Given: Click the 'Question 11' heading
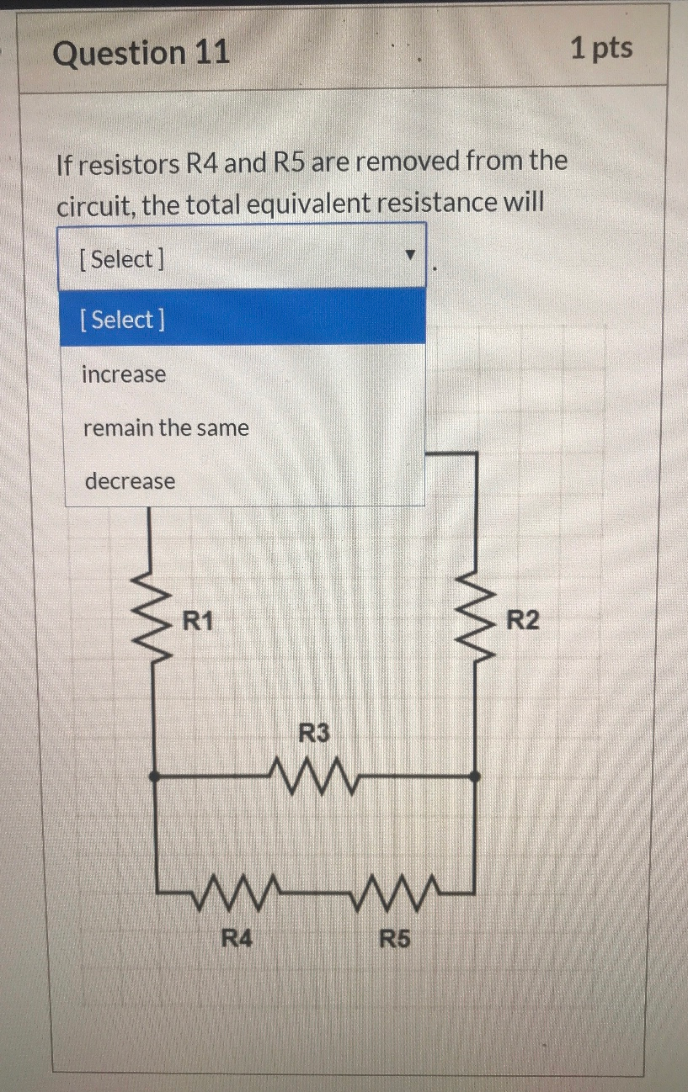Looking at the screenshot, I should tap(141, 53).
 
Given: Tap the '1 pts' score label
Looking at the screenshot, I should tap(601, 49).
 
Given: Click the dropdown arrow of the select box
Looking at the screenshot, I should tap(410, 255).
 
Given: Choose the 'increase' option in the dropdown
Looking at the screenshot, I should tap(124, 374).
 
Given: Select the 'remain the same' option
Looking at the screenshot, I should tap(166, 428).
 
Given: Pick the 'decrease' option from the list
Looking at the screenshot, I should tap(130, 482).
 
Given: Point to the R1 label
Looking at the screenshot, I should tap(199, 623).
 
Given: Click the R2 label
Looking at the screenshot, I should tap(522, 622).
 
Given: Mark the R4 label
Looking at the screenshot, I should tap(236, 937).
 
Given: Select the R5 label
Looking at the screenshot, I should tap(394, 938).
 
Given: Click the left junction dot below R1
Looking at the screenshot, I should tap(154, 777).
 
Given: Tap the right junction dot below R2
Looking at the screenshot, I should tap(476, 777).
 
